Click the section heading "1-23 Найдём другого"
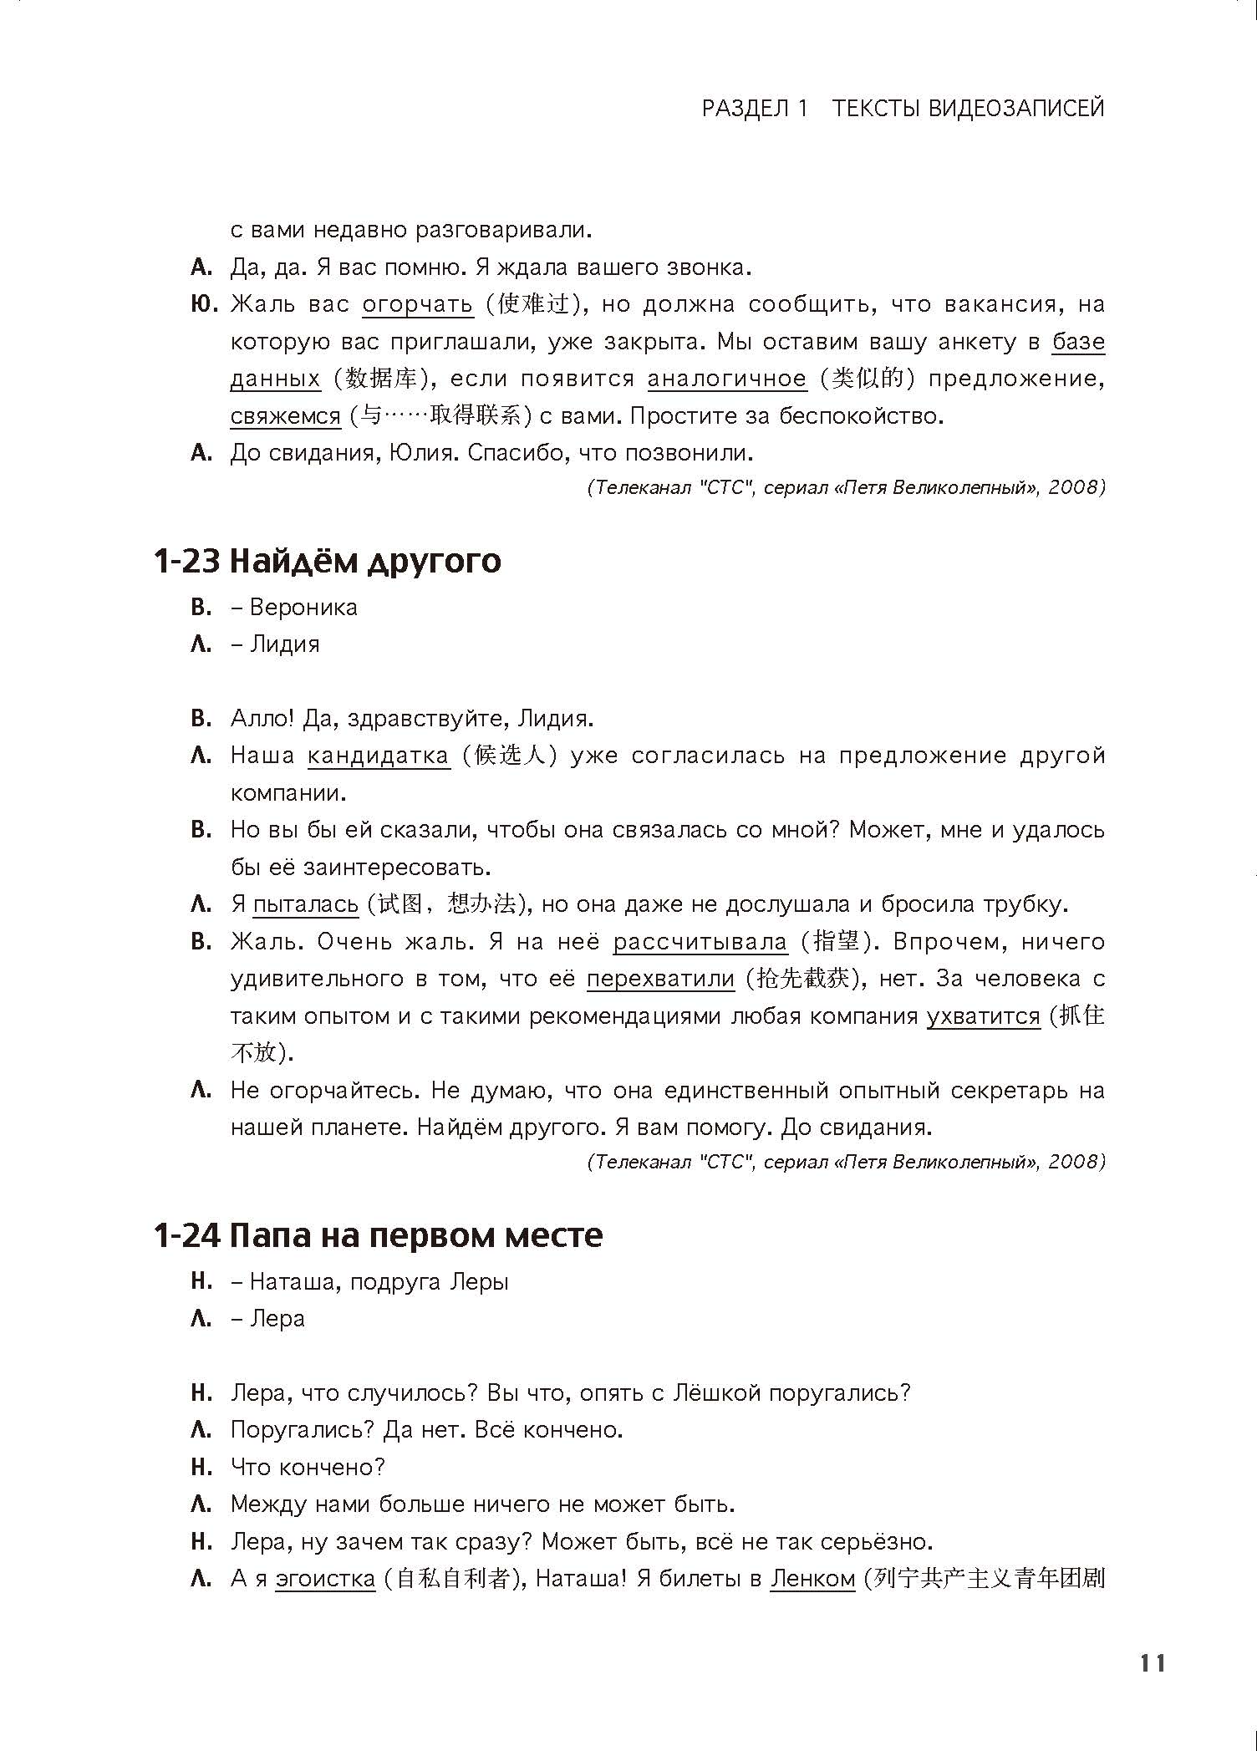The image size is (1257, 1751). [327, 560]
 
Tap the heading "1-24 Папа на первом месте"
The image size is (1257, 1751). [378, 1234]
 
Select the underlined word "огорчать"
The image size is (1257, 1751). [417, 304]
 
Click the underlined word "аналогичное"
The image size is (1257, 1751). [727, 379]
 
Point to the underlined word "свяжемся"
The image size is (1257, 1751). [286, 416]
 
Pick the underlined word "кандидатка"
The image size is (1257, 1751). [379, 756]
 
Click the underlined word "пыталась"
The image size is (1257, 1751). [306, 904]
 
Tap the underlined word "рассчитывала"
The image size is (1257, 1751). [700, 942]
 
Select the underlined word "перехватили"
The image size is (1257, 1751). [660, 979]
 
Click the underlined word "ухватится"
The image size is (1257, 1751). [983, 1016]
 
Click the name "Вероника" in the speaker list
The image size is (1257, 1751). [303, 607]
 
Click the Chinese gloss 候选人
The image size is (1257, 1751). [510, 756]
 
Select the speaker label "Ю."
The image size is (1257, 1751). [204, 304]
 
